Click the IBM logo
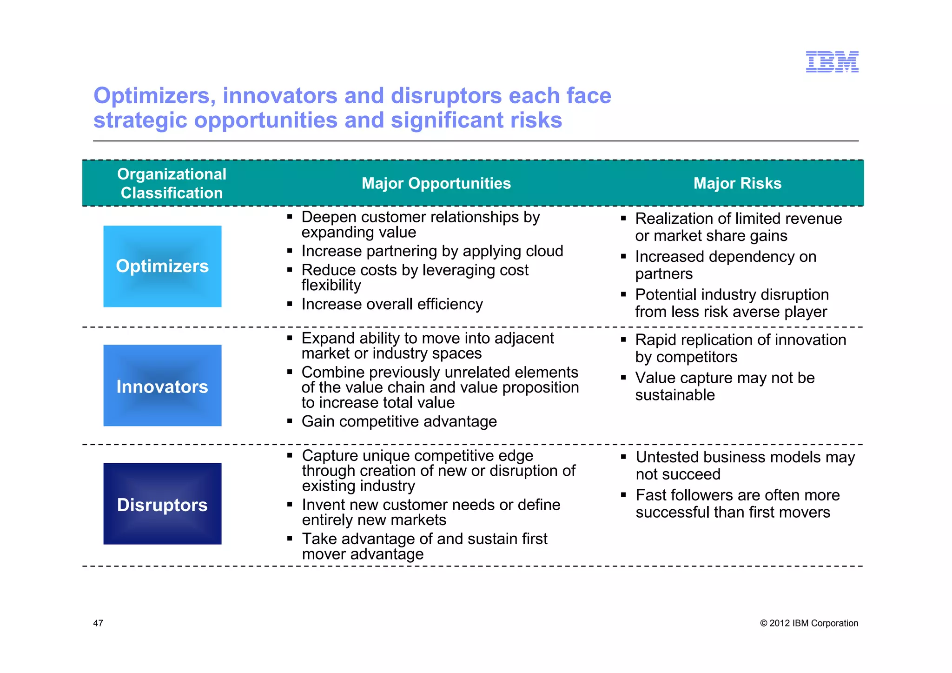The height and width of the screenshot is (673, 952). pyautogui.click(x=832, y=62)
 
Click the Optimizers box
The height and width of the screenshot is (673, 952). pyautogui.click(x=162, y=266)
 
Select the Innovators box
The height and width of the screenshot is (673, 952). pyautogui.click(x=162, y=386)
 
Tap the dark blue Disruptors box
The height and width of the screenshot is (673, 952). pyautogui.click(x=162, y=504)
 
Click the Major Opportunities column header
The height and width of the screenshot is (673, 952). pyautogui.click(x=436, y=183)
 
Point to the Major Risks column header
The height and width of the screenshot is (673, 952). pyautogui.click(x=737, y=183)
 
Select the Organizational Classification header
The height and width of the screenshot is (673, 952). pyautogui.click(x=172, y=183)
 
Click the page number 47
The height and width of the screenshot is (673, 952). pyautogui.click(x=98, y=623)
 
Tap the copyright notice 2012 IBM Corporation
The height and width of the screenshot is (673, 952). pyautogui.click(x=809, y=623)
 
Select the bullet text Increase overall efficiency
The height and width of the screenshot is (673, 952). pyautogui.click(x=392, y=304)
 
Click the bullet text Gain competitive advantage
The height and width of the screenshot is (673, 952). pyautogui.click(x=399, y=421)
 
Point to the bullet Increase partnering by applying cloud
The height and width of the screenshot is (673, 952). pyautogui.click(x=432, y=251)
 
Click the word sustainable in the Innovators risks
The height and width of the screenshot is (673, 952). pyautogui.click(x=675, y=395)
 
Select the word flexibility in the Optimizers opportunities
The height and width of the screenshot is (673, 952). pyautogui.click(x=331, y=285)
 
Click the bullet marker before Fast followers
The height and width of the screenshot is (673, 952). pyautogui.click(x=624, y=495)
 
